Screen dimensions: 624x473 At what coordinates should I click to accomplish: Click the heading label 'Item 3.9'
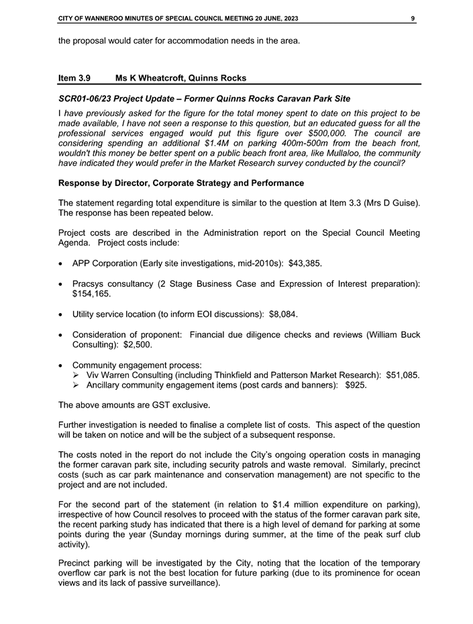tap(74, 78)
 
